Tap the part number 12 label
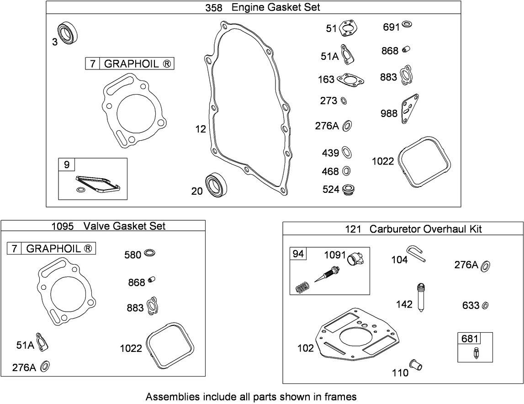[x=201, y=129]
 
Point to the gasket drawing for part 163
[x=351, y=80]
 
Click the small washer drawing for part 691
[x=408, y=25]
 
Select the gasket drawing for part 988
[x=410, y=108]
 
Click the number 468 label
[x=330, y=172]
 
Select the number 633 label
[x=470, y=305]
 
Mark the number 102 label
[x=305, y=348]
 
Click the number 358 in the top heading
[x=214, y=7]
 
